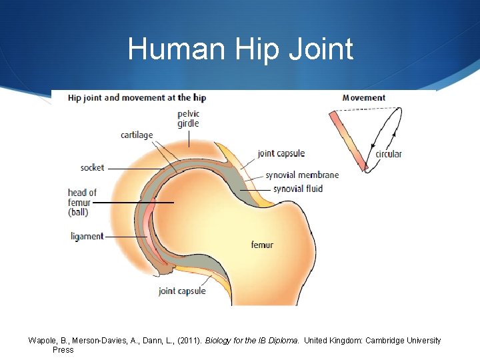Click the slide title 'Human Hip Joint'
coord(240,49)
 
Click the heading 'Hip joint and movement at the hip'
coord(137,97)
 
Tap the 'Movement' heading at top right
coord(363,97)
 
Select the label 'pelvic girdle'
coord(189,119)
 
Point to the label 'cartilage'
coord(137,135)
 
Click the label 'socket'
coord(92,168)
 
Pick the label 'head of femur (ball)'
coord(82,203)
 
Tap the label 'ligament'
coord(87,236)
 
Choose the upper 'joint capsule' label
coord(281,153)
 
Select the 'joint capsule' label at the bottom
coord(182,291)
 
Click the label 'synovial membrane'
coord(302,175)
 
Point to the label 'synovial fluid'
coord(298,189)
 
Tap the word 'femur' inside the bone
coord(262,245)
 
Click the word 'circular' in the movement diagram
coord(389,154)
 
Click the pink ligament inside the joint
coord(151,230)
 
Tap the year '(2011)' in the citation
coord(188,341)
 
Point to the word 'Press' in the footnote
coord(63,349)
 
